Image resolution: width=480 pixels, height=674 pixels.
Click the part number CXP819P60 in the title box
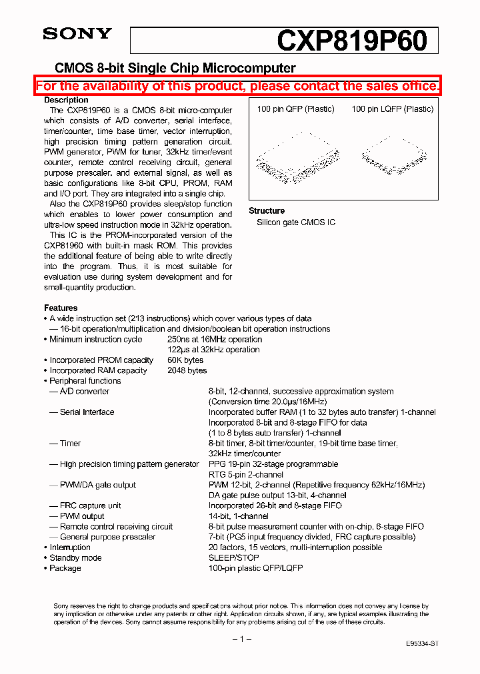click(x=352, y=41)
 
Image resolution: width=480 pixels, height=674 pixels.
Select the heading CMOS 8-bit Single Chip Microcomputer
click(x=175, y=68)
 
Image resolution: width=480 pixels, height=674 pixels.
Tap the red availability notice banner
click(x=238, y=86)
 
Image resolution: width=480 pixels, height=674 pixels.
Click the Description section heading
click(x=66, y=100)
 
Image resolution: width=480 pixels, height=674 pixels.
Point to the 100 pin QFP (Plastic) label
click(x=295, y=109)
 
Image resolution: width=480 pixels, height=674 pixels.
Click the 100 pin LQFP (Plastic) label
click(x=393, y=109)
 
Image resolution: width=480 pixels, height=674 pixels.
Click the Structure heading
click(x=267, y=210)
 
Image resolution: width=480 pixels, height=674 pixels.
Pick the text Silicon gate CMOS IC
click(x=296, y=222)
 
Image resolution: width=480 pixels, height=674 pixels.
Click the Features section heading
click(x=61, y=308)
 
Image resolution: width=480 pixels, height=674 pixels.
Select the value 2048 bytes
click(x=187, y=370)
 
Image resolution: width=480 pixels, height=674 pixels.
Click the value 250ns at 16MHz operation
click(x=214, y=339)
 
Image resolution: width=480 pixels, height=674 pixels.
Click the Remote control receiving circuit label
click(x=116, y=526)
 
